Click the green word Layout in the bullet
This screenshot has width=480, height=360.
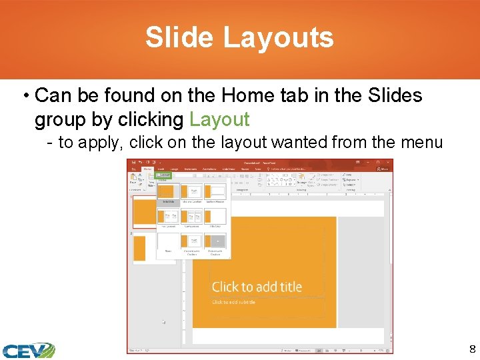coord(219,119)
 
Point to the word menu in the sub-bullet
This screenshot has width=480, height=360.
coord(421,142)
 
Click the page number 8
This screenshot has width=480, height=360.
coord(472,349)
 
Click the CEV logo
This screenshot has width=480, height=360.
coord(27,350)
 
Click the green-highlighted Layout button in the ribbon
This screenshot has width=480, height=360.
coord(164,175)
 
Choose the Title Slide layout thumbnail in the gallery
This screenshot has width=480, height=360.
coord(167,193)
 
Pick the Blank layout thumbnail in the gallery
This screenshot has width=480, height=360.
coord(167,241)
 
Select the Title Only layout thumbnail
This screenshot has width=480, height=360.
coord(215,217)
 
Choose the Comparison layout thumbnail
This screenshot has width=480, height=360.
coord(191,217)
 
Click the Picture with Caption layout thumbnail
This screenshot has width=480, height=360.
coord(215,241)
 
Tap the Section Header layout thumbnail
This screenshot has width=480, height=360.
coord(215,193)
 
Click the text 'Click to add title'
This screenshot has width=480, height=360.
coord(257,287)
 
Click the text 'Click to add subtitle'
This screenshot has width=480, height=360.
coord(233,303)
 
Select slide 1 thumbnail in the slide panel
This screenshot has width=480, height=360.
coord(145,211)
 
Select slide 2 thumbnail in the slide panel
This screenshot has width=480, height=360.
coord(140,248)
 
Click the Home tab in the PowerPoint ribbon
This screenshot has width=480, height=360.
coord(147,169)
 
